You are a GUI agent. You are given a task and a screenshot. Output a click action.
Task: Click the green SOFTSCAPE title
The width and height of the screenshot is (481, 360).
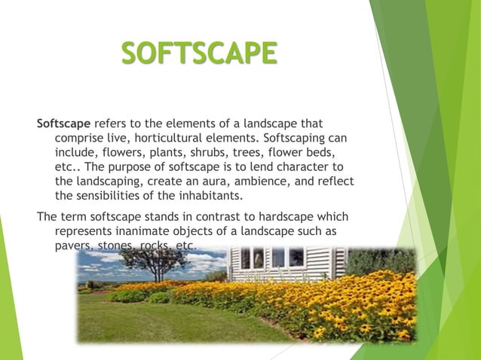coord(199,55)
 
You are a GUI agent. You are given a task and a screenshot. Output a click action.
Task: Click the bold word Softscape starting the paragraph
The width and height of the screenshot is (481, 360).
coord(63,124)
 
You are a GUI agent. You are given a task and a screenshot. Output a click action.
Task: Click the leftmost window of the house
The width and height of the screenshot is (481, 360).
coord(244,258)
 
